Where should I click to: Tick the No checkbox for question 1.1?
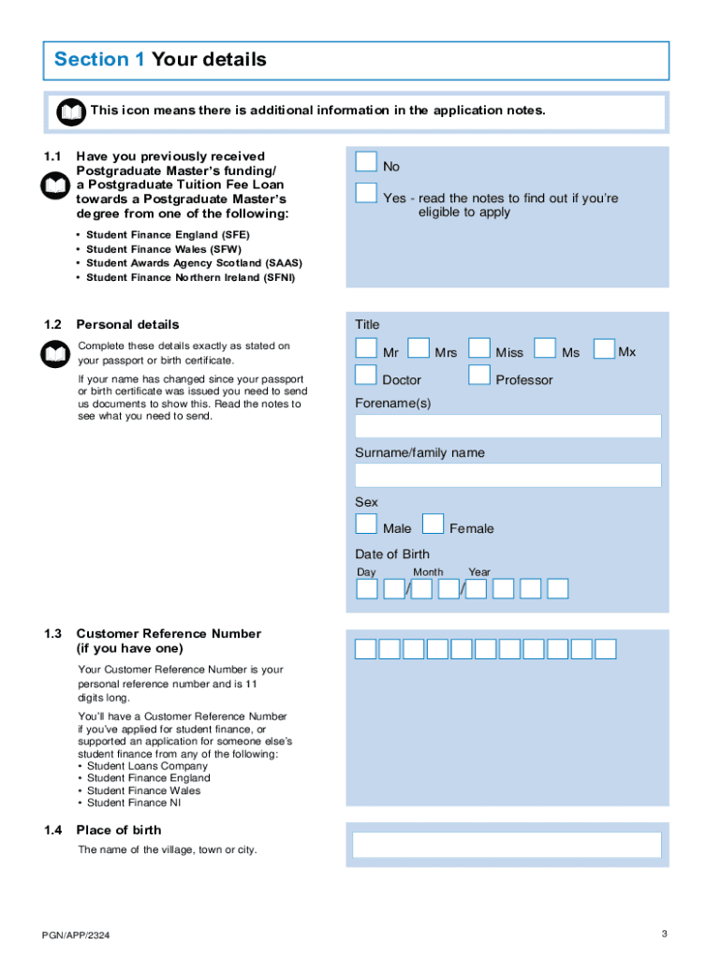pyautogui.click(x=366, y=163)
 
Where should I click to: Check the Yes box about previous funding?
pyautogui.click(x=366, y=194)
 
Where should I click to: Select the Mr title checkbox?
pyautogui.click(x=366, y=349)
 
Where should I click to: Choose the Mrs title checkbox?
pyautogui.click(x=419, y=349)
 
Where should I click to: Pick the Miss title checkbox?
pyautogui.click(x=479, y=349)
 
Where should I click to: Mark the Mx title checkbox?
pyautogui.click(x=604, y=349)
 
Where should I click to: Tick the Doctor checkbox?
pyautogui.click(x=366, y=376)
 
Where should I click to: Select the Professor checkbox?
pyautogui.click(x=479, y=376)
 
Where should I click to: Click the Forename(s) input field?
pyautogui.click(x=508, y=426)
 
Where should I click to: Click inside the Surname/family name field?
pyautogui.click(x=508, y=475)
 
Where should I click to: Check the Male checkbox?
pyautogui.click(x=366, y=524)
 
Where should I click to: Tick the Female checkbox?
pyautogui.click(x=433, y=524)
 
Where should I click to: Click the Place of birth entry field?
pyautogui.click(x=508, y=846)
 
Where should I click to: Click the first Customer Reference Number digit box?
pyautogui.click(x=365, y=649)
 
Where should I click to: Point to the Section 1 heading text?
pyautogui.click(x=160, y=60)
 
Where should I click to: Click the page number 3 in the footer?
pyautogui.click(x=664, y=934)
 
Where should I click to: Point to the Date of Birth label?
pyautogui.click(x=392, y=553)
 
